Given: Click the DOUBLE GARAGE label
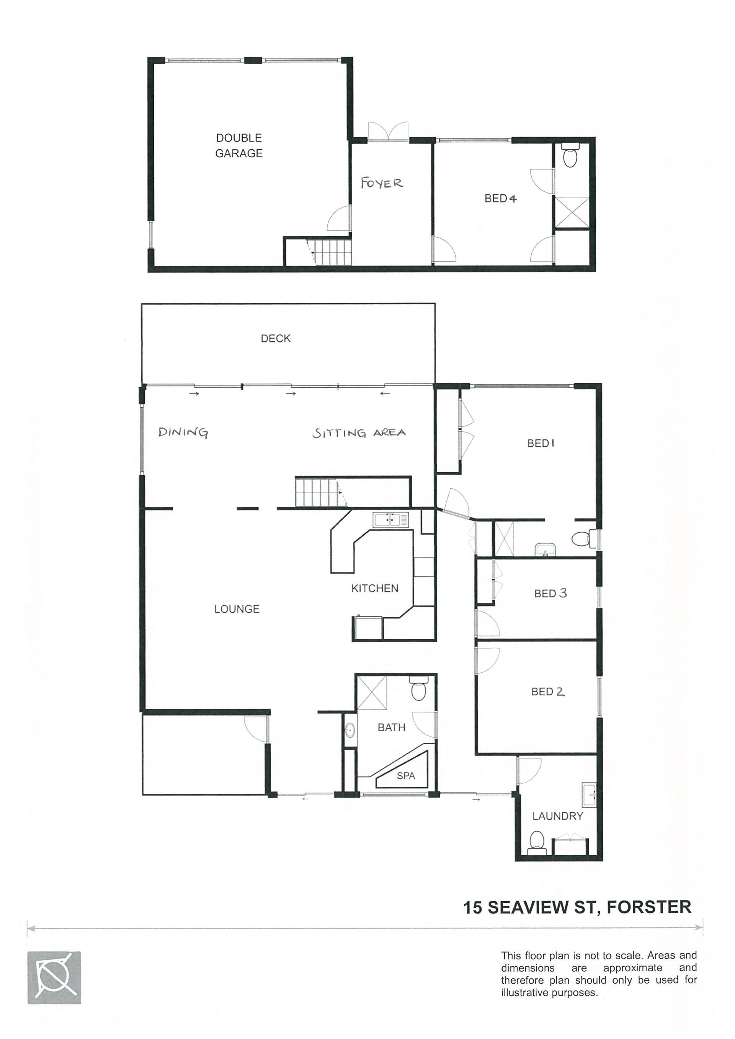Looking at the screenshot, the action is (239, 145).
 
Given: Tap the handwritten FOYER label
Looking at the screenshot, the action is (382, 183).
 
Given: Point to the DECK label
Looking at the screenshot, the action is (276, 339).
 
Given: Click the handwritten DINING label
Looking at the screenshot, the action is (183, 432).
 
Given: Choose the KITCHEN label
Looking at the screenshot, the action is (375, 588).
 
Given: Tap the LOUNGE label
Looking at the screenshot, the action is (237, 609).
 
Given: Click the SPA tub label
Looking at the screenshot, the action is (406, 776).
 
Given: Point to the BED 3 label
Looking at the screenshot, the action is (550, 593).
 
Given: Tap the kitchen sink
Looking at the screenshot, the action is (390, 520).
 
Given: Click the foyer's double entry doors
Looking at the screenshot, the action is (388, 132).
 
